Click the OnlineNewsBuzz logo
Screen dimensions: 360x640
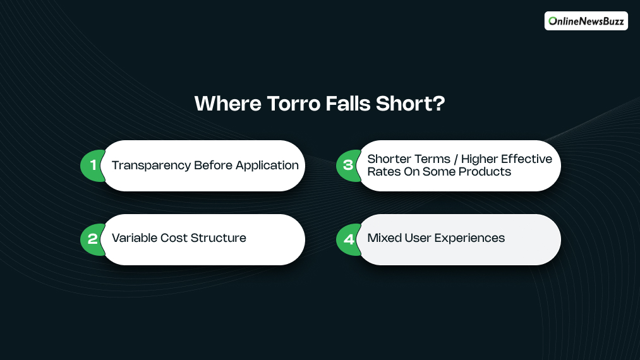(x=586, y=21)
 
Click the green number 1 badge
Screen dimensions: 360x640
(x=93, y=165)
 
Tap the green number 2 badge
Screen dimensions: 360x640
(x=93, y=239)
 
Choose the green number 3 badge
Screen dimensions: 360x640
(x=348, y=165)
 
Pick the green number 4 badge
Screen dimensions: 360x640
(x=348, y=239)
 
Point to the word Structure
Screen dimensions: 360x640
(x=219, y=238)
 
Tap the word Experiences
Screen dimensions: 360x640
(x=469, y=238)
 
